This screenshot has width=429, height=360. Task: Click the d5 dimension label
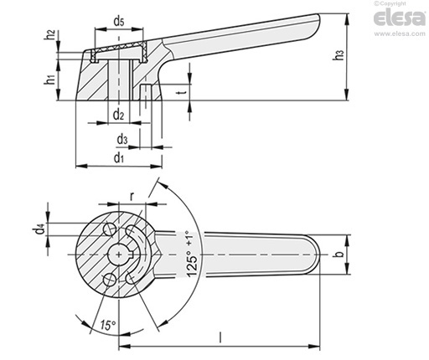[x=119, y=22]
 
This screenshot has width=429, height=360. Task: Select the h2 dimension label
[x=50, y=34]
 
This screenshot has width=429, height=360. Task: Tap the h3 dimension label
[x=339, y=55]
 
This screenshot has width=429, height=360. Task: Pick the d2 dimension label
[x=118, y=115]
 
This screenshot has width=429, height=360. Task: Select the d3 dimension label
[x=122, y=139]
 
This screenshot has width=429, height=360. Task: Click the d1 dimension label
[x=119, y=158]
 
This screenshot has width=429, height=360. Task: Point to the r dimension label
[x=132, y=196]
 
